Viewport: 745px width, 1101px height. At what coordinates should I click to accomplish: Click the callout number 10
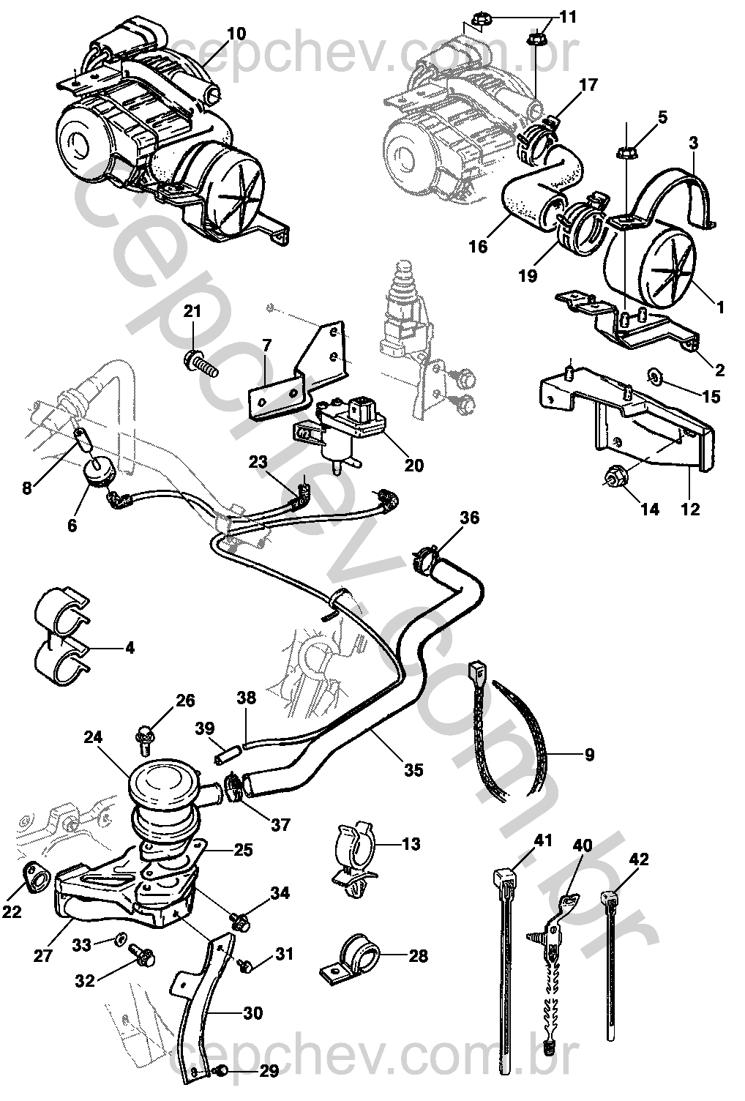click(x=236, y=34)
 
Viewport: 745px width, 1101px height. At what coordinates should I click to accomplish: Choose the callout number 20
click(x=413, y=465)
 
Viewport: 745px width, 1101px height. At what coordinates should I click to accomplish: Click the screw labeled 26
click(x=146, y=741)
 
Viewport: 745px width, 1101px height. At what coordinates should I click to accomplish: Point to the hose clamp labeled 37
click(x=236, y=788)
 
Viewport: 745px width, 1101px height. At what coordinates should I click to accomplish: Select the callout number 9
click(x=589, y=753)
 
